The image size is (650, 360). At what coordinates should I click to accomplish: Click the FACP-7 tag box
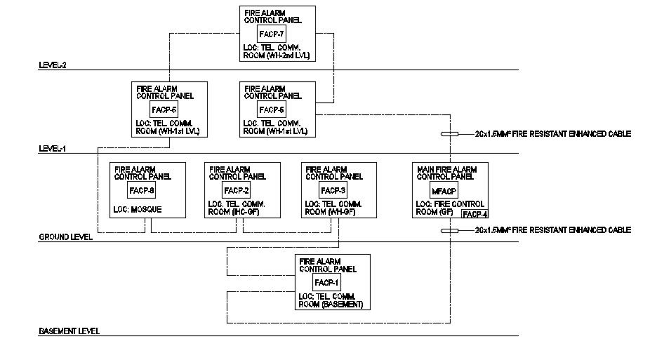coord(272,34)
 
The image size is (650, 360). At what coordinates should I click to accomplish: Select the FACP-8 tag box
coord(142,190)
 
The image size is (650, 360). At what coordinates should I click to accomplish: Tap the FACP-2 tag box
coord(237,190)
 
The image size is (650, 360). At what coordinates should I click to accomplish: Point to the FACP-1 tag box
coord(327,282)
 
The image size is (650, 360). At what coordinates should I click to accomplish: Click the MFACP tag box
coord(449,190)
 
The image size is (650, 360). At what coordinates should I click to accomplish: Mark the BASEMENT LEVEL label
coord(69,331)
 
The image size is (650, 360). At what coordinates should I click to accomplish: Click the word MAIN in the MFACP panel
coord(427,169)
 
